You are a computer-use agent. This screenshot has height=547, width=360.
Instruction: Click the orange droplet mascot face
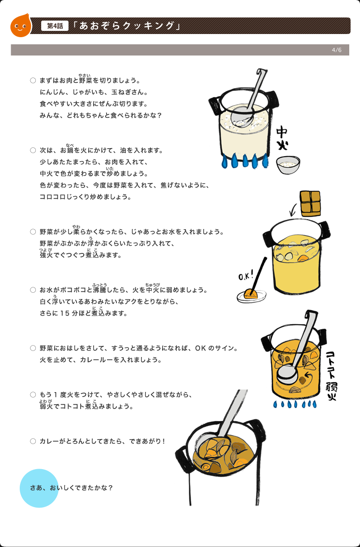21,26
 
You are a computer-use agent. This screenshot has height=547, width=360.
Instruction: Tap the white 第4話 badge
55,26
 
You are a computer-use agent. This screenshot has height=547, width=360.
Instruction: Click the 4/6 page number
337,50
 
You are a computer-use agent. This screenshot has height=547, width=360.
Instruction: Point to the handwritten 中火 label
282,138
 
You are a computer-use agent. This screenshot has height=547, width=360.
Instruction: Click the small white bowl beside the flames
288,165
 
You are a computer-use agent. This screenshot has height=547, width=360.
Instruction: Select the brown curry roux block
310,203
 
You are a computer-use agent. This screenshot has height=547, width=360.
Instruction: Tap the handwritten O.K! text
246,275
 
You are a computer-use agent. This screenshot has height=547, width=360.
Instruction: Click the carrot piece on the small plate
251,294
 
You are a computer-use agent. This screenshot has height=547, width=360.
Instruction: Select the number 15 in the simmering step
65,313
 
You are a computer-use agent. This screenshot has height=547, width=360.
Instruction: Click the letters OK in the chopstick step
201,348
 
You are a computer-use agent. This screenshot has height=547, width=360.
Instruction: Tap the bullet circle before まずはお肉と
33,80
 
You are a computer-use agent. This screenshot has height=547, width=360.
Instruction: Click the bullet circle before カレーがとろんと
33,441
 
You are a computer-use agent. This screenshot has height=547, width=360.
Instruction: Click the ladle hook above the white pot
262,72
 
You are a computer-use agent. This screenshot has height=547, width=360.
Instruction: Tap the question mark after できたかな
111,488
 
